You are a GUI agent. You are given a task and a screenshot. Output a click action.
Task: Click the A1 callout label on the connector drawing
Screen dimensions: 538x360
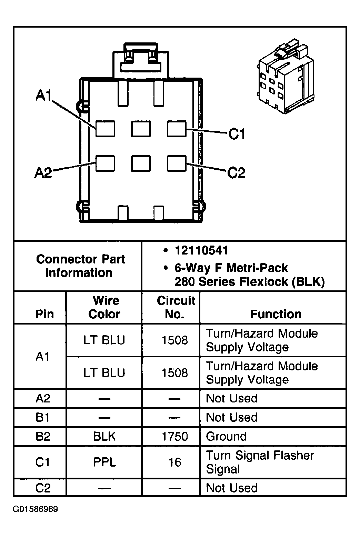[x=43, y=96]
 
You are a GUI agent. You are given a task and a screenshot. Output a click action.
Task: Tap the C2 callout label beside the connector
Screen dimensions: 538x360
[x=236, y=172]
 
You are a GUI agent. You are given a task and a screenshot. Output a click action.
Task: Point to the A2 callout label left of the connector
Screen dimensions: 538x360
[x=43, y=172]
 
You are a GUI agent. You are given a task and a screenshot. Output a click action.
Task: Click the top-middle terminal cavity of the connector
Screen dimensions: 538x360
[x=141, y=129]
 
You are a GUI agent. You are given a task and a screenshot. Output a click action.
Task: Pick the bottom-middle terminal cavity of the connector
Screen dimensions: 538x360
[x=141, y=163]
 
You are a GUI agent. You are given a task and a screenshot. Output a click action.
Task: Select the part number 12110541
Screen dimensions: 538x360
[x=201, y=250]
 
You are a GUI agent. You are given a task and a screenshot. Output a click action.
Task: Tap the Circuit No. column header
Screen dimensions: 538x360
[x=176, y=307]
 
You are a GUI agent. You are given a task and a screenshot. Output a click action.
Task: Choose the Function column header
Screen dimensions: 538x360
[x=276, y=314]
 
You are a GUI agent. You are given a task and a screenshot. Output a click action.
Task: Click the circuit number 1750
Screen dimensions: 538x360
[x=175, y=437]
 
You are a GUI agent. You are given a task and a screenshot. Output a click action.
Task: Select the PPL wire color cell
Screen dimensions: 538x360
[x=104, y=462]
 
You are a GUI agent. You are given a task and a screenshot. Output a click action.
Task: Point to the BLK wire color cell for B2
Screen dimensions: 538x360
[x=104, y=437]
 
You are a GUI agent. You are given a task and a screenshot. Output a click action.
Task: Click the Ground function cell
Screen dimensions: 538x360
[x=226, y=437]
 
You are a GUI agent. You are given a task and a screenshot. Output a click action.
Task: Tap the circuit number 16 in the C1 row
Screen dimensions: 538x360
[x=175, y=462]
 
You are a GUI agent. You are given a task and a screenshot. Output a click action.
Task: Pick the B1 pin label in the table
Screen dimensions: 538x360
[x=43, y=418]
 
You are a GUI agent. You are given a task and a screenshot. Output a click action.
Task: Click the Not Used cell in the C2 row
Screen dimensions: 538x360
[x=232, y=488]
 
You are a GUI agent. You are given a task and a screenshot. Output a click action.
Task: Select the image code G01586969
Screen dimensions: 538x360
[x=35, y=509]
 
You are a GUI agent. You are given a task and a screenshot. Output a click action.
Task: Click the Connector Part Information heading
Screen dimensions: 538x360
[x=80, y=266]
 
